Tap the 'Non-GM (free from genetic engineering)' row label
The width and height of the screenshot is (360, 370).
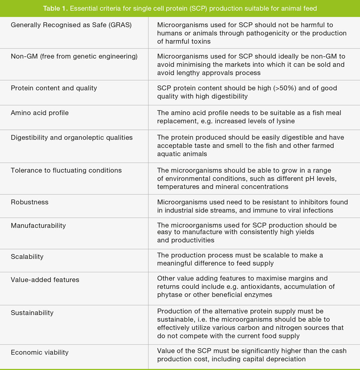(x=74, y=56)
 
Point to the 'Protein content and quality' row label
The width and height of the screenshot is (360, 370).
(x=54, y=88)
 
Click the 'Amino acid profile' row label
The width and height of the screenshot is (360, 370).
(x=40, y=113)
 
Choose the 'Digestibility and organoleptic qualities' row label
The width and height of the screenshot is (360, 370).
(x=72, y=137)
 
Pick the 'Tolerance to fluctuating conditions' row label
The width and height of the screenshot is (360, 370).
(x=66, y=170)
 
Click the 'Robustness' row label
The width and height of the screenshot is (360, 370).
(x=30, y=202)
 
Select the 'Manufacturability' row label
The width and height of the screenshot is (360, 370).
(x=38, y=225)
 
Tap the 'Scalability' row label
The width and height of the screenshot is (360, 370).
(x=27, y=256)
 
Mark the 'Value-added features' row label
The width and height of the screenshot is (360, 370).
(x=45, y=280)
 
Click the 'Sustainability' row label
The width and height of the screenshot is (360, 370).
(x=32, y=312)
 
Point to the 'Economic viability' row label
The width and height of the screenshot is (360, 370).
(x=40, y=352)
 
